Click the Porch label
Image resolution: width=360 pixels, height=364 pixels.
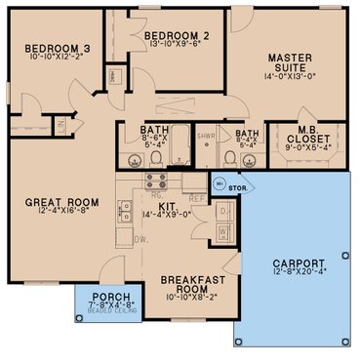tap(104, 297)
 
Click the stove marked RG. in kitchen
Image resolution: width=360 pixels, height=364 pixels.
tap(155, 180)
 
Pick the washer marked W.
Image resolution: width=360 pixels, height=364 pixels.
tap(224, 232)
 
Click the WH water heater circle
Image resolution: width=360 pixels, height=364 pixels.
tap(220, 182)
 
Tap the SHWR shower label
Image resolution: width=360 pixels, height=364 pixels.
tap(206, 137)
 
